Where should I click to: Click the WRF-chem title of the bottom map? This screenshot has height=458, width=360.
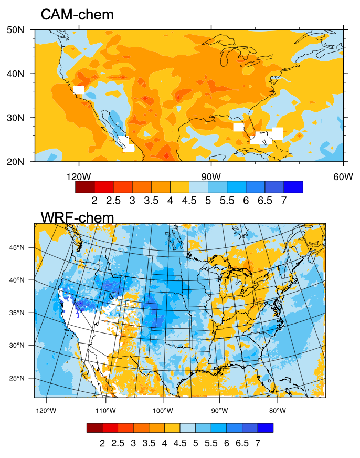[77, 217]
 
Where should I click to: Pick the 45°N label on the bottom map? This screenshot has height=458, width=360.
[17, 247]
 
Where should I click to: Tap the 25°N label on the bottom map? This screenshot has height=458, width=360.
[17, 378]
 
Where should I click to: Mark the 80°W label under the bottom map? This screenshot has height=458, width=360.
[277, 410]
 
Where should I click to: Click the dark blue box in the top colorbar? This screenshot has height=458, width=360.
[293, 187]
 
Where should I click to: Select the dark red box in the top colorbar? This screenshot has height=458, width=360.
[85, 187]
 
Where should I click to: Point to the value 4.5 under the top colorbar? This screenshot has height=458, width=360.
[189, 201]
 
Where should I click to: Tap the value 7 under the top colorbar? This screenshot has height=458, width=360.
[283, 201]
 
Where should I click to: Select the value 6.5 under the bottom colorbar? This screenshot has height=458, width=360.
[242, 443]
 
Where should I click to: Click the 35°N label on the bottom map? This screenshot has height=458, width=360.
[17, 313]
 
